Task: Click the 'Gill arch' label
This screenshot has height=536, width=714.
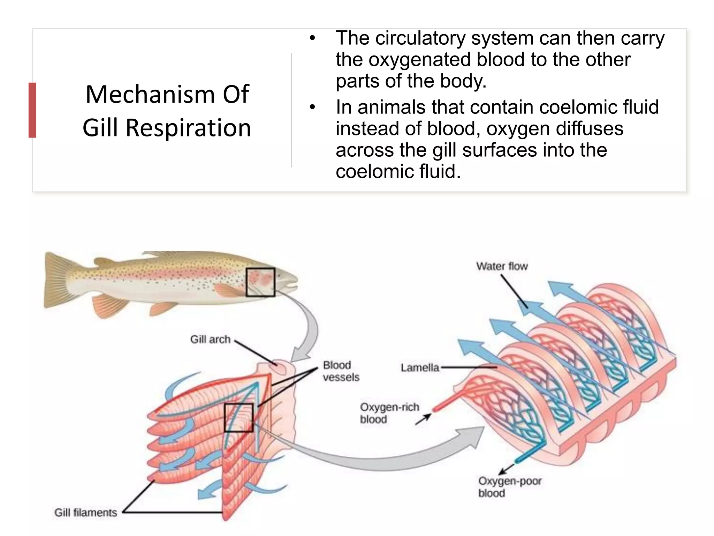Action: coord(210,339)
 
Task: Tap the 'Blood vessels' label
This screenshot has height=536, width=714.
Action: coord(341,371)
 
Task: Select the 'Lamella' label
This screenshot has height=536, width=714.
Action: coord(420,367)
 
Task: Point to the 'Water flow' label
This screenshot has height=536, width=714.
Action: coord(502,266)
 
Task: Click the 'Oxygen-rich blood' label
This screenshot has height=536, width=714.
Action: coord(389,413)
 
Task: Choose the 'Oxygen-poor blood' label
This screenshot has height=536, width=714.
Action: coord(509,487)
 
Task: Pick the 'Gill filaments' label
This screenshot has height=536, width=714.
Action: coord(86,512)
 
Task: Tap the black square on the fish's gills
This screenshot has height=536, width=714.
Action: coord(260,282)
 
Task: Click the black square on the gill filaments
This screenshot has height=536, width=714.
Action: coord(238,418)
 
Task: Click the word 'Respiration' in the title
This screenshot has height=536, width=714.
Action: coord(188,128)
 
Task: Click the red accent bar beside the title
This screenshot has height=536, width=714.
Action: coord(32,110)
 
